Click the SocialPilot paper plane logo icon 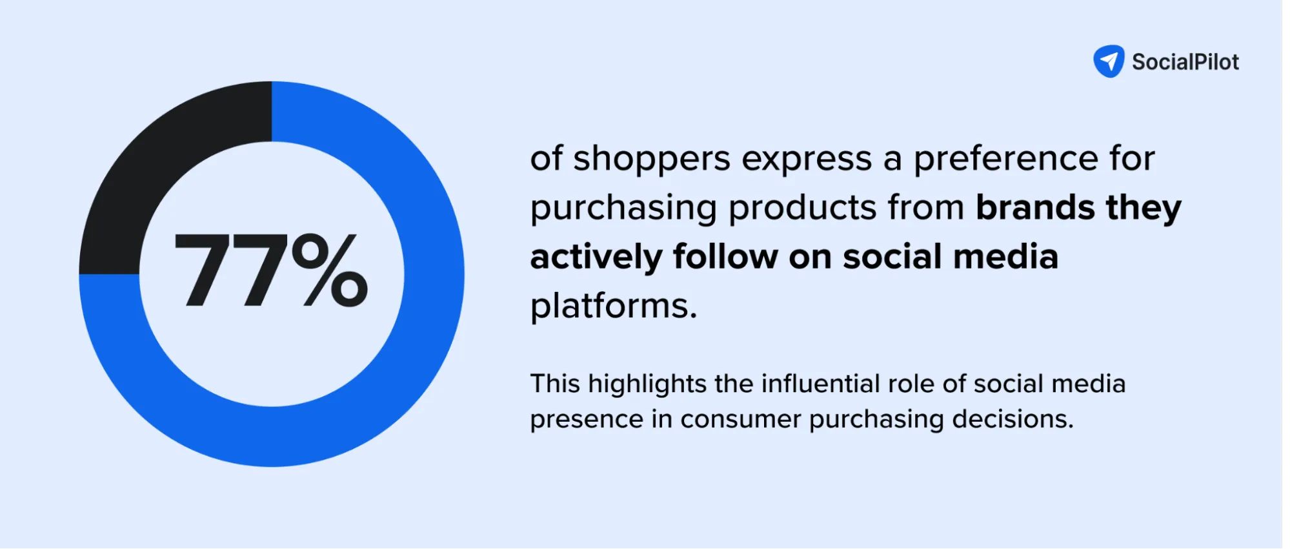(x=1109, y=61)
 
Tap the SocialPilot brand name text (x=1185, y=62)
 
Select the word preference (x=1005, y=159)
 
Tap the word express (x=807, y=159)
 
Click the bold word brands (x=1035, y=207)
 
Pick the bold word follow (x=725, y=256)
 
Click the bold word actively (x=596, y=258)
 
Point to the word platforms (x=613, y=306)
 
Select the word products (x=802, y=208)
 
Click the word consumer (x=740, y=419)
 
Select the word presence (x=587, y=420)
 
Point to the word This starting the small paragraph (x=555, y=384)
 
